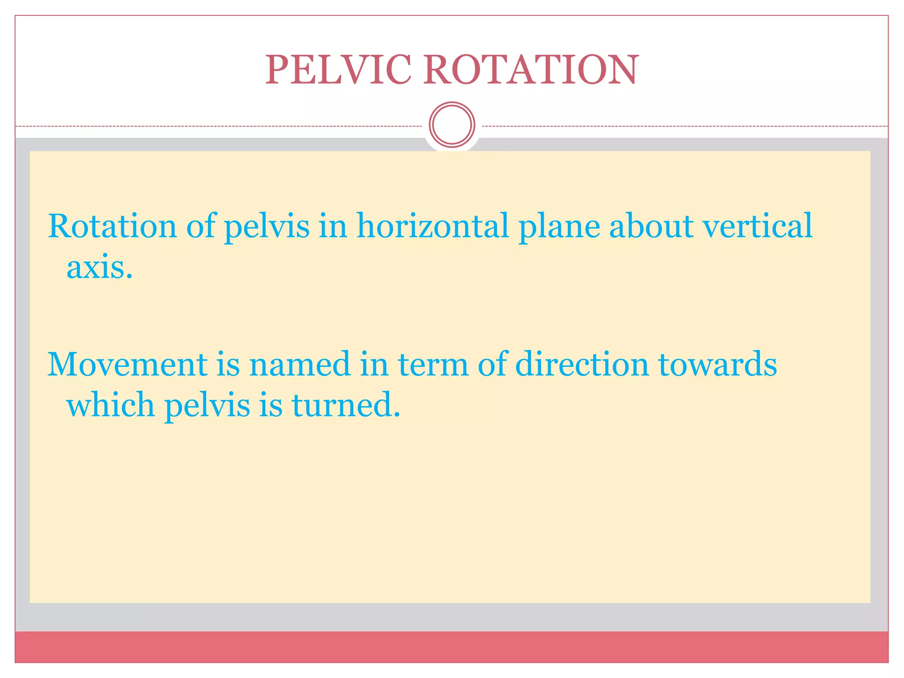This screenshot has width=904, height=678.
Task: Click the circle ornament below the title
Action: (452, 124)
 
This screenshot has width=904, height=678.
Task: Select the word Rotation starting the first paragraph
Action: (112, 226)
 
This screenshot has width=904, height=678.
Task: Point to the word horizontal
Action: (433, 226)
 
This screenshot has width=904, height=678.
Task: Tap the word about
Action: (651, 226)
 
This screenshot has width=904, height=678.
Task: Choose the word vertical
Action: (757, 226)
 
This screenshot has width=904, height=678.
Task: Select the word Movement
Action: (127, 365)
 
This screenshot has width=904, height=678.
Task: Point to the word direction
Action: (582, 365)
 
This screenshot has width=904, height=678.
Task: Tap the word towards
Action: (717, 365)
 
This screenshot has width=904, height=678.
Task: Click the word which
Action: (110, 404)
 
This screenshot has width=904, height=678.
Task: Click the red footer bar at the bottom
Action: (452, 647)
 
